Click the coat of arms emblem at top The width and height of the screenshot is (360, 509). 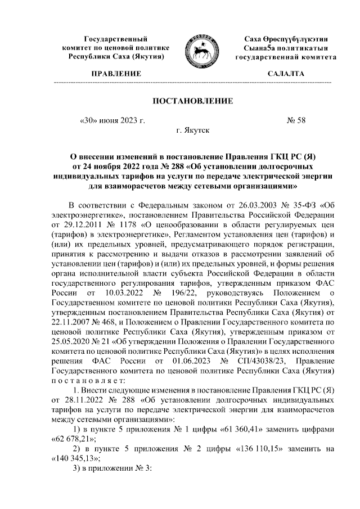pos(199,49)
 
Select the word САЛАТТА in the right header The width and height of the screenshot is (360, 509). pos(286,74)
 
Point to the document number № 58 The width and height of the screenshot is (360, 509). pos(296,120)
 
